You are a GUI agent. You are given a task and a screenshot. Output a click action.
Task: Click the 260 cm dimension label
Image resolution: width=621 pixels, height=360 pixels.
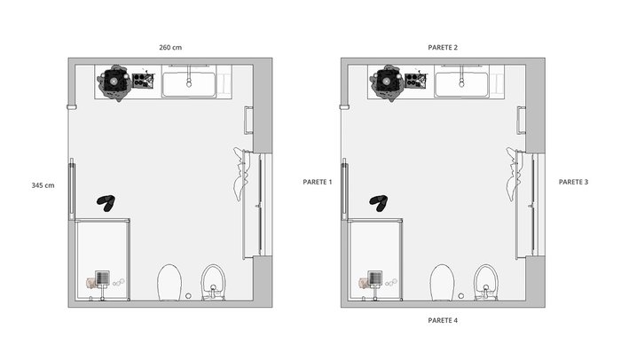click(170, 48)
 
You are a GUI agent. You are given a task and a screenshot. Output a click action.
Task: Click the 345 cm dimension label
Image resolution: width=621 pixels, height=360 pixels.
click(43, 185)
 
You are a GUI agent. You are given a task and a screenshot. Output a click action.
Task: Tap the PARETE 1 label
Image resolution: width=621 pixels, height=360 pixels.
click(318, 182)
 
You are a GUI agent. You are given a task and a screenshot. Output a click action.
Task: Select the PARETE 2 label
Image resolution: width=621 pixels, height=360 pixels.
click(443, 48)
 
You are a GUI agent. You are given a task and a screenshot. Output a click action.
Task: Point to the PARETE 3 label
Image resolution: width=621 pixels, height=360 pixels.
click(573, 182)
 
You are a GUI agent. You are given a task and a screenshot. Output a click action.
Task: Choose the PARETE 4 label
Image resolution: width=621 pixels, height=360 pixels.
click(443, 320)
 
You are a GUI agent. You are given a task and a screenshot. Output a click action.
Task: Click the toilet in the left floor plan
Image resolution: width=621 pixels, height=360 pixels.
click(169, 283)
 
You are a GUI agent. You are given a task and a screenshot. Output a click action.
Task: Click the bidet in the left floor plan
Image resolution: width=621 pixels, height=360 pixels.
click(214, 282)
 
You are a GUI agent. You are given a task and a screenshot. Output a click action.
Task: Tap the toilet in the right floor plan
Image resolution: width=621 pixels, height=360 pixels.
click(442, 283)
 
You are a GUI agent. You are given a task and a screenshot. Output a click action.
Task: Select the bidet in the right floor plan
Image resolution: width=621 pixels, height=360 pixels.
click(486, 282)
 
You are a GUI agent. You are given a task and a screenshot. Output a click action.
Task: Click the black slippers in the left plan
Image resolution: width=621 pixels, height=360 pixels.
click(106, 203)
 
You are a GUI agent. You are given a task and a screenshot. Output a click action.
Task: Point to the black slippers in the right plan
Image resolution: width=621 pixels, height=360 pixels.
click(379, 203)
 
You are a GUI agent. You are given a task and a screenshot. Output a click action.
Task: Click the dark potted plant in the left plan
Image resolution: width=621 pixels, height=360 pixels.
click(114, 82)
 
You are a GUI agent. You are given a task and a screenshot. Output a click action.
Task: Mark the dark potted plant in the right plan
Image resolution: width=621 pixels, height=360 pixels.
click(387, 82)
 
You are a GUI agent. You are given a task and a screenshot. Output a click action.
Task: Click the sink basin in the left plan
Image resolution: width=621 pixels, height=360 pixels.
click(189, 84)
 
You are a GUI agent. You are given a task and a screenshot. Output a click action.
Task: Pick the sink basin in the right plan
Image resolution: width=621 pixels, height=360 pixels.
click(461, 84)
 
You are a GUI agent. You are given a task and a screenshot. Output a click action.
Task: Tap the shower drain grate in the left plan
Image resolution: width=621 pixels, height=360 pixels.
click(102, 278)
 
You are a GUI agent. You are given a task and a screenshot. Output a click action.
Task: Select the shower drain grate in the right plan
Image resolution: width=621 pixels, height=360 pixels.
click(374, 278)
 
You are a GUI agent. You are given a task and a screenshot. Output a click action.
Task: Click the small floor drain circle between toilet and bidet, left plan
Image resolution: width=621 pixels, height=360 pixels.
click(188, 296)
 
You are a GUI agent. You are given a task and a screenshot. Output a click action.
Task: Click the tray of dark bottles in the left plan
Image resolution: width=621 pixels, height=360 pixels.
click(143, 80)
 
